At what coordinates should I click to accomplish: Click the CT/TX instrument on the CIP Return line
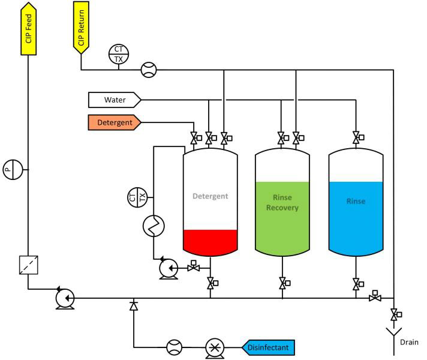118,55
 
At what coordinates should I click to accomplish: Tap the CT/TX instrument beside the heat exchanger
137,197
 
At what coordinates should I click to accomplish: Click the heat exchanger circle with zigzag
154,226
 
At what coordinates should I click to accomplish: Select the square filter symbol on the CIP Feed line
28,265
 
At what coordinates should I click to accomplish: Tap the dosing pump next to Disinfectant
215,347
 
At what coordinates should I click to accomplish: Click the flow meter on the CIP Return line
148,70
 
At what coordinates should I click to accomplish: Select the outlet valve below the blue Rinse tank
357,283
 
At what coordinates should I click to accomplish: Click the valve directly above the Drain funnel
394,314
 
